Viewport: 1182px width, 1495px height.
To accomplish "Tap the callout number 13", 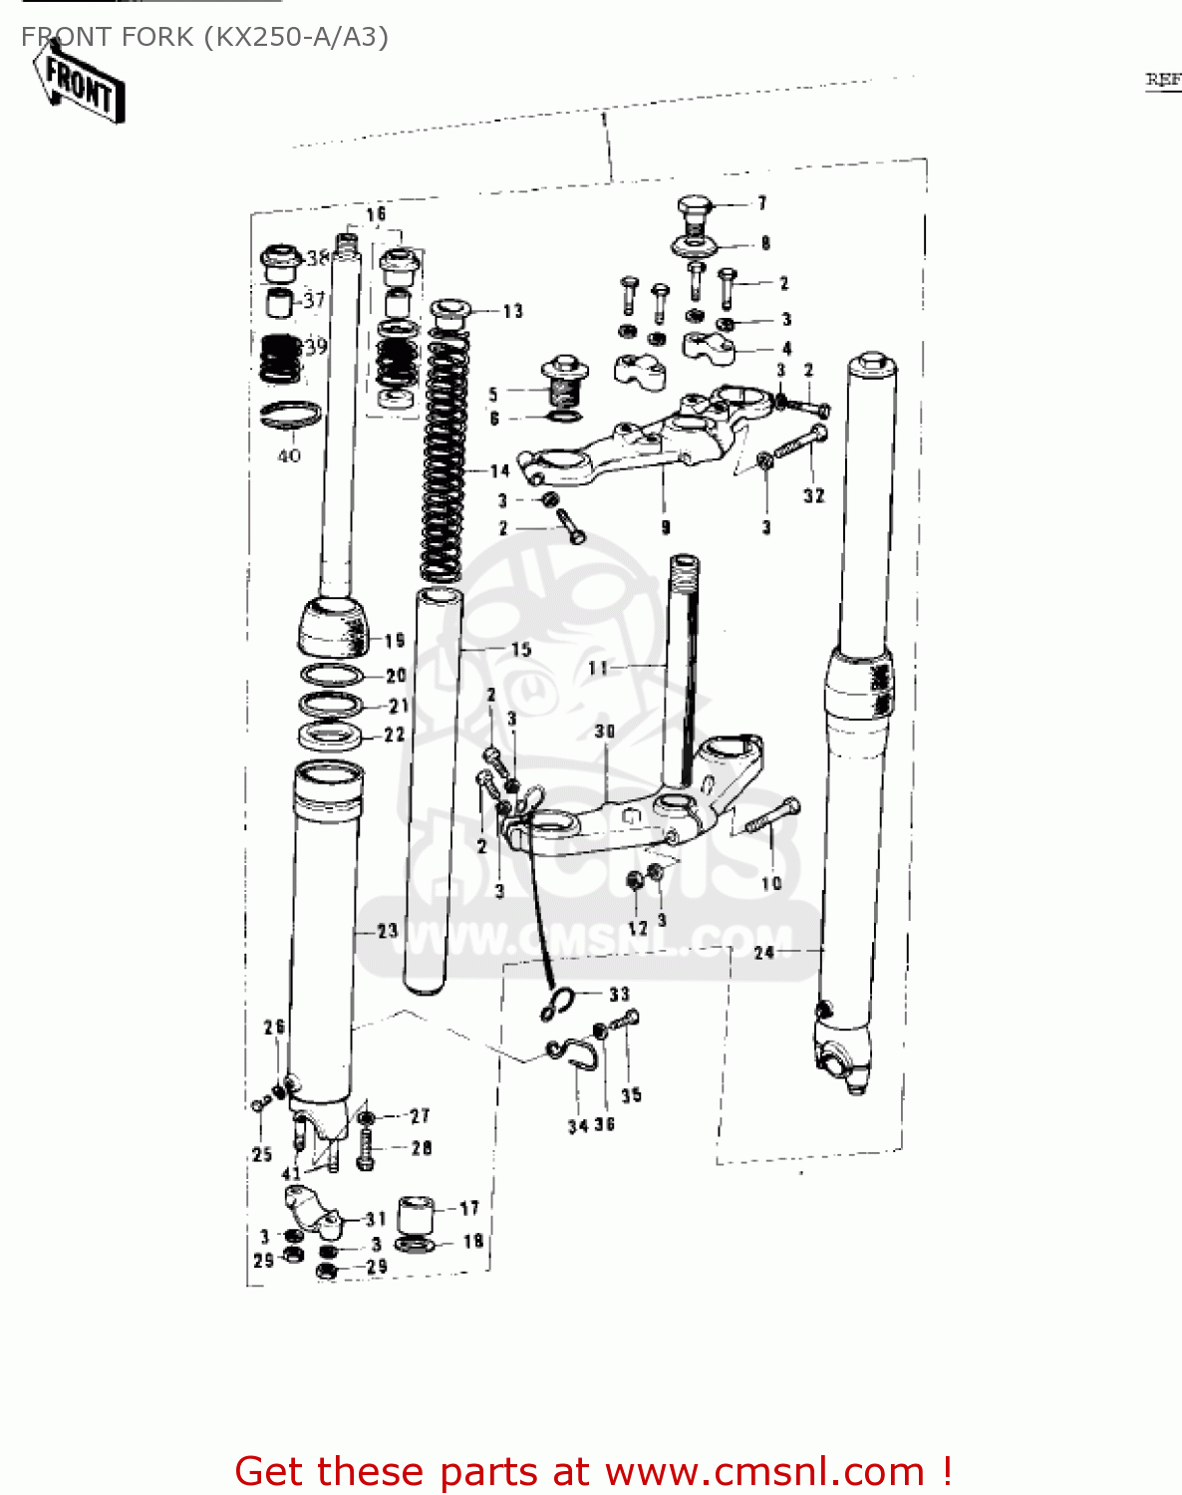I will (512, 311).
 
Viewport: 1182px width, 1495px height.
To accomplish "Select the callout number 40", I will (289, 455).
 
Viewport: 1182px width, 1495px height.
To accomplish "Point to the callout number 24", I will (764, 953).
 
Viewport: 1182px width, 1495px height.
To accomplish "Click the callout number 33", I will (619, 994).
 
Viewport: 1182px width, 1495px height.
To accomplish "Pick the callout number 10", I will (771, 883).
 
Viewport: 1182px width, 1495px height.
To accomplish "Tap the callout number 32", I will (814, 495).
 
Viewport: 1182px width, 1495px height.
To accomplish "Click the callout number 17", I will (469, 1208).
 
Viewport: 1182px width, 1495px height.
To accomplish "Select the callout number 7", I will (762, 203).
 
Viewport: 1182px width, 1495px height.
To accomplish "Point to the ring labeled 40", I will (290, 414).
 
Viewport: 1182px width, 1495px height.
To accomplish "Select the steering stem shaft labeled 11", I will (684, 668).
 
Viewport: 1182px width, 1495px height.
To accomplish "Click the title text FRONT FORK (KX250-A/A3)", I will (204, 37).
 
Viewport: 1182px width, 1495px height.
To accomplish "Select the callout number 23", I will (387, 931).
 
